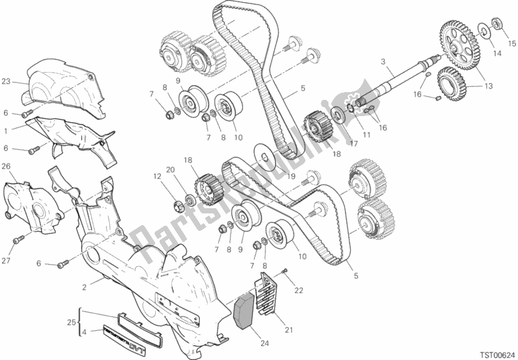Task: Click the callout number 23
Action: pyautogui.click(x=6, y=82)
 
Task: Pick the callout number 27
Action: pyautogui.click(x=6, y=262)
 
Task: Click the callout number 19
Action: pyautogui.click(x=291, y=175)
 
